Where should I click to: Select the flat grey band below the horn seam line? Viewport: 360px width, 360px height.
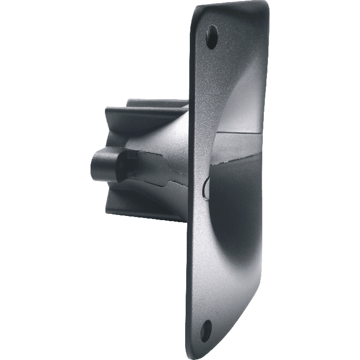click(242, 149)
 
